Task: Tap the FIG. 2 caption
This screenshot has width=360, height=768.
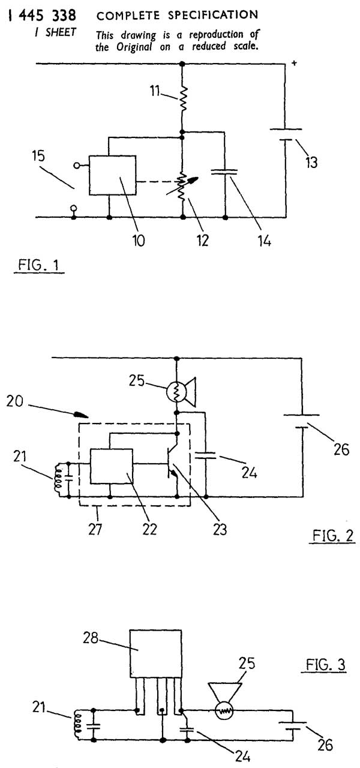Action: pos(333,535)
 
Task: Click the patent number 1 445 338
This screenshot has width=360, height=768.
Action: pos(40,14)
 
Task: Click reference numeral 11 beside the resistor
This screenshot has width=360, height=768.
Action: pos(157,91)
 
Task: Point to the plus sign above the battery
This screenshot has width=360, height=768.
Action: pos(294,62)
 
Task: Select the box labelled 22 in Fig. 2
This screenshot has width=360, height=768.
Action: pos(112,466)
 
